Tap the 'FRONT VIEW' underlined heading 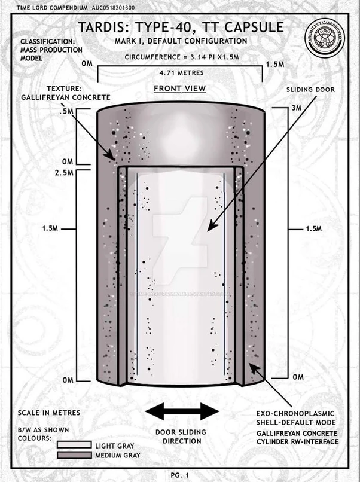pyautogui.click(x=179, y=89)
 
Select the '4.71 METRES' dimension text pyautogui.click(x=179, y=72)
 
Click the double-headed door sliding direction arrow pyautogui.click(x=182, y=411)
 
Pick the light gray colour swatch pyautogui.click(x=74, y=444)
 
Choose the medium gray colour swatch pyautogui.click(x=74, y=456)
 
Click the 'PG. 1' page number pyautogui.click(x=180, y=474)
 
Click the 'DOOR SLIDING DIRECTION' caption pyautogui.click(x=181, y=437)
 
